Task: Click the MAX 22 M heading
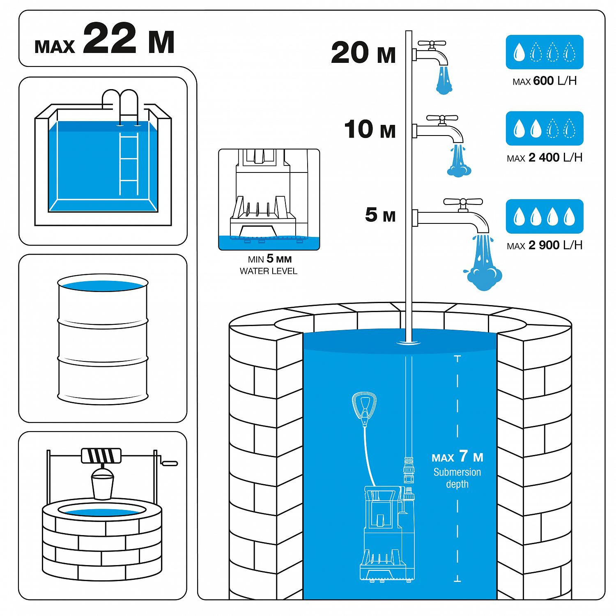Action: click(x=105, y=40)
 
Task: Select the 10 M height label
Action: click(x=370, y=129)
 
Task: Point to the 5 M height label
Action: click(x=380, y=214)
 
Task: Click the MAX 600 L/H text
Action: click(x=545, y=81)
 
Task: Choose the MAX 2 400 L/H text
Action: click(x=545, y=158)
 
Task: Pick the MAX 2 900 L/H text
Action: click(x=545, y=246)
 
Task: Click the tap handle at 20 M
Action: click(x=432, y=43)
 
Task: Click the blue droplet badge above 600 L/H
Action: click(x=545, y=52)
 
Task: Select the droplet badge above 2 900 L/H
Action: click(x=545, y=216)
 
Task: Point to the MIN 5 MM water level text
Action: click(x=269, y=265)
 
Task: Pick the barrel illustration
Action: click(x=103, y=339)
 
